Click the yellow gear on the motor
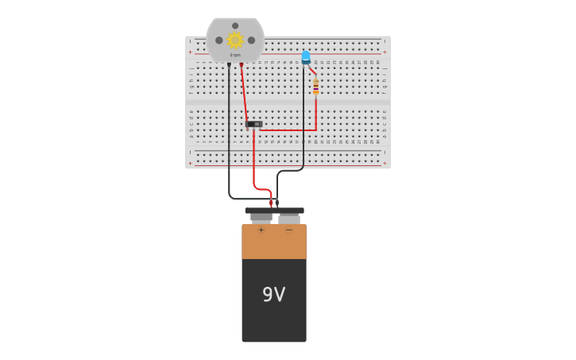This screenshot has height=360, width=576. (x=234, y=40)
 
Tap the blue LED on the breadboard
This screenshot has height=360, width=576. (x=306, y=57)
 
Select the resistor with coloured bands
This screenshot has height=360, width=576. (x=315, y=86)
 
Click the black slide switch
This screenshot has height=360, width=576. (x=254, y=124)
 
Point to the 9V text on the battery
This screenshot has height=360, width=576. (x=273, y=295)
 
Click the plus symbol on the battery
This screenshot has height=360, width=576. (x=261, y=230)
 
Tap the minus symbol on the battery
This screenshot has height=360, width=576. (x=288, y=230)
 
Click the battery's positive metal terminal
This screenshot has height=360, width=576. (x=261, y=218)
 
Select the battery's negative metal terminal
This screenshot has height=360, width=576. (x=289, y=218)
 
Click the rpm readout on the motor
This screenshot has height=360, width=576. (x=235, y=55)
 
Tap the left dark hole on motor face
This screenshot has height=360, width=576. (x=218, y=40)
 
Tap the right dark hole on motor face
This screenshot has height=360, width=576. (x=251, y=40)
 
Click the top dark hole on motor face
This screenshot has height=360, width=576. (x=235, y=25)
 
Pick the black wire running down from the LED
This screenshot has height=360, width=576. (x=303, y=119)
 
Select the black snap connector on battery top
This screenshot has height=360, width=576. (x=274, y=211)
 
